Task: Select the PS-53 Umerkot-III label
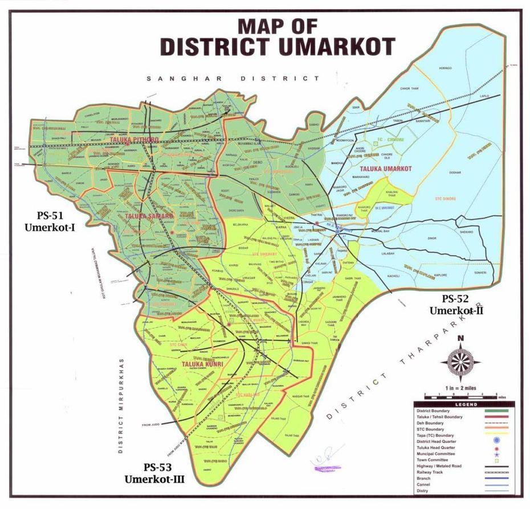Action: [154, 473]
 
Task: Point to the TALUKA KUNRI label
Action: [201, 363]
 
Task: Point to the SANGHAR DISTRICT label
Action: [233, 79]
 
